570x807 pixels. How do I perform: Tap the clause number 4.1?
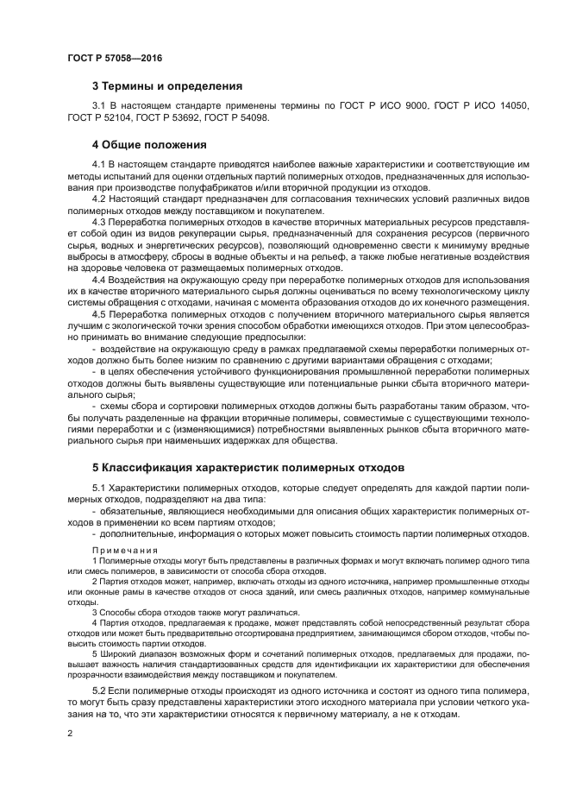(x=100, y=164)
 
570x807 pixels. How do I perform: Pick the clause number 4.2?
(x=100, y=199)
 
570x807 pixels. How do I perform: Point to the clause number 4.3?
(x=100, y=222)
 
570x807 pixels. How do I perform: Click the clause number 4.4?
(x=100, y=280)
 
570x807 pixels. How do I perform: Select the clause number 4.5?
(x=100, y=315)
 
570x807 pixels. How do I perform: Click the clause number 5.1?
(x=100, y=489)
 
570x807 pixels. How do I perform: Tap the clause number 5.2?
(x=100, y=692)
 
